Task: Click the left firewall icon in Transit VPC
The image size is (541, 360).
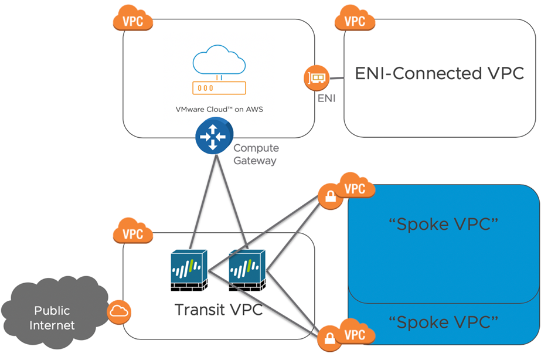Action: coord(189,271)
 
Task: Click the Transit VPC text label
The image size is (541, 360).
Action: coord(218,309)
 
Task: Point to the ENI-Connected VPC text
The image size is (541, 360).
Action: coord(440,74)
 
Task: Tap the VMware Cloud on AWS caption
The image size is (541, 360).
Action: coord(219,109)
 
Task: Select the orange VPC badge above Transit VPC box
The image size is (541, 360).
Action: coord(132,233)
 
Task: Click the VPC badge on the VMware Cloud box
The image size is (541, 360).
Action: coord(132,21)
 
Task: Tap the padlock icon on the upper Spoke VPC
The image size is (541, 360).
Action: coord(329,197)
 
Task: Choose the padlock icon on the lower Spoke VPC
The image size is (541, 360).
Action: coord(329,339)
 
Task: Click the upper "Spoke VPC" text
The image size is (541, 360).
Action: coord(443,225)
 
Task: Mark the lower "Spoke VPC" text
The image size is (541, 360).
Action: coord(443,321)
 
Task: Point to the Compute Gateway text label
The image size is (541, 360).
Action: coord(256,154)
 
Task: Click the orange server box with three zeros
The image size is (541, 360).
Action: coord(219,88)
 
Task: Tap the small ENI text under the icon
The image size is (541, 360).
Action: coord(326,99)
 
